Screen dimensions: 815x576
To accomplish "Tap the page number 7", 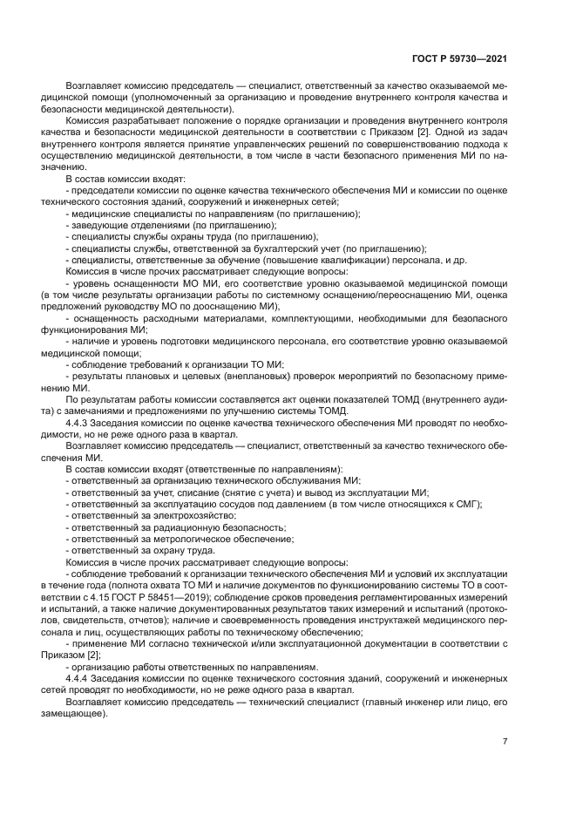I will click(x=505, y=742).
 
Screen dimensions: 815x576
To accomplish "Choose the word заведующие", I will click(x=99, y=225).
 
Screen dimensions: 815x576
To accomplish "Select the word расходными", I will click(x=152, y=318).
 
